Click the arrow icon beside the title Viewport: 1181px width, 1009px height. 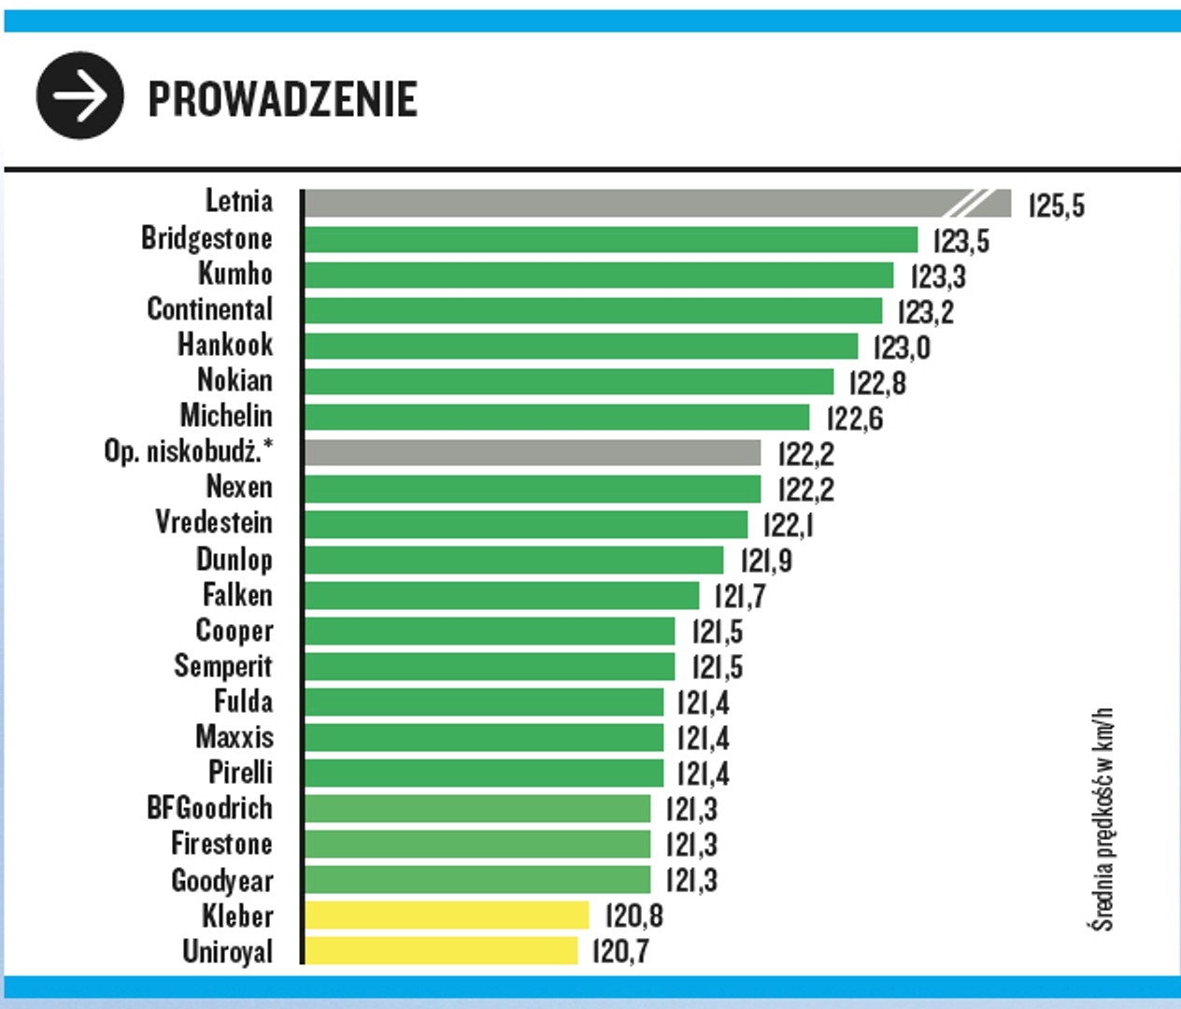coord(79,96)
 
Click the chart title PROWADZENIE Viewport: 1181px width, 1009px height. coord(282,99)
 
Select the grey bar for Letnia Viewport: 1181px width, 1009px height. coord(635,204)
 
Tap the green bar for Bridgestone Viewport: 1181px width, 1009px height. coord(611,240)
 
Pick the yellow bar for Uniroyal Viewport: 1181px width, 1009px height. coord(441,951)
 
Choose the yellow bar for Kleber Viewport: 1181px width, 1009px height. coord(447,916)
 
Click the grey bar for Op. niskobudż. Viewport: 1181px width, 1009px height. coord(533,453)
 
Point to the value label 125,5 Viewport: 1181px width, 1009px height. coord(1056,206)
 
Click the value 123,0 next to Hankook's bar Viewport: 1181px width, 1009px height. coord(901,348)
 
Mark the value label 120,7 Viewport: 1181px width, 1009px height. coord(620,952)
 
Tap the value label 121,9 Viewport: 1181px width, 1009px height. coord(766,561)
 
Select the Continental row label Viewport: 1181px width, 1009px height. coord(209,309)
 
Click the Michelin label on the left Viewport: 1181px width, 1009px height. coord(226,416)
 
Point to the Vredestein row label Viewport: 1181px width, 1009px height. coord(214,522)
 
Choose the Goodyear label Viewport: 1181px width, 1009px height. coord(221,880)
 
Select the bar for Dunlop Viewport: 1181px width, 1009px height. coord(514,561)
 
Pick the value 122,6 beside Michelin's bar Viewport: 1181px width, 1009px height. coord(854,419)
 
